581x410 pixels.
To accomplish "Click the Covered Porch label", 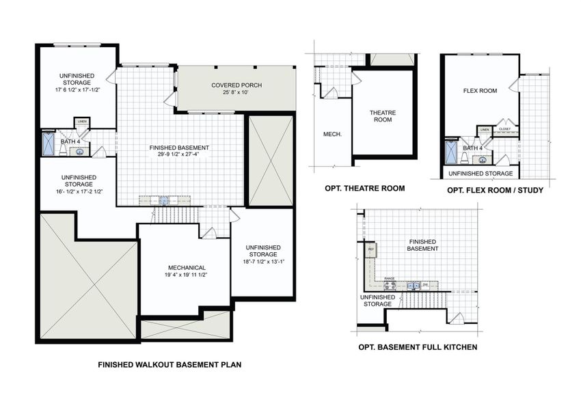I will click(x=237, y=85).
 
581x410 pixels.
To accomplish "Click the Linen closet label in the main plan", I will click(x=82, y=122).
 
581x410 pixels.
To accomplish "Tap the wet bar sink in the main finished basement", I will click(x=164, y=200).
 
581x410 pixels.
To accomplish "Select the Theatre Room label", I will click(x=383, y=117).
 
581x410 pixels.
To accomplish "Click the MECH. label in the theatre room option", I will click(x=332, y=135).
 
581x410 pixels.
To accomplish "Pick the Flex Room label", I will click(x=480, y=90).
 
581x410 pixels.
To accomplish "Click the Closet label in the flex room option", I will click(x=505, y=128).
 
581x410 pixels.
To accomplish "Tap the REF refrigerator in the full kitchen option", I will click(x=371, y=249).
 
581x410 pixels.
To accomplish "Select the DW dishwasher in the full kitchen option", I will click(x=424, y=284).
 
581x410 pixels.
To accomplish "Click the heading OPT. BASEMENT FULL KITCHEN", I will click(x=418, y=347).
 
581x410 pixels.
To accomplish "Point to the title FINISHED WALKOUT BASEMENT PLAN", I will click(x=170, y=365).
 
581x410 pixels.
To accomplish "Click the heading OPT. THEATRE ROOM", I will click(x=364, y=188).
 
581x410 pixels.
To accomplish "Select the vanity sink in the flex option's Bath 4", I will click(x=483, y=160).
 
